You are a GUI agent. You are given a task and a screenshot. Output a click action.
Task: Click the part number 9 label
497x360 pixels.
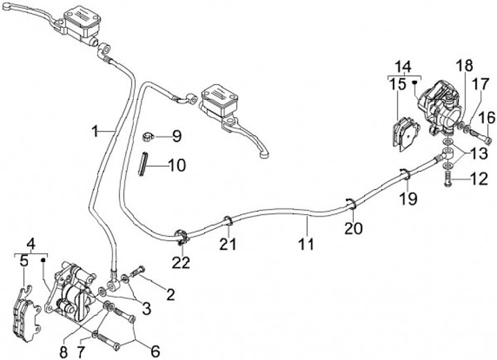[177, 136]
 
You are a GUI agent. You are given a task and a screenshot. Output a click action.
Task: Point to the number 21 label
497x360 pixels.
[228, 243]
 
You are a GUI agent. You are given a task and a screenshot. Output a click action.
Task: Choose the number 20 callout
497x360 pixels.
[354, 228]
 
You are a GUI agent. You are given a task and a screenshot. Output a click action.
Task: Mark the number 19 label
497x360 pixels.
[410, 199]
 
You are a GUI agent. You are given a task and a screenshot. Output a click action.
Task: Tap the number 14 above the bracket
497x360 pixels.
[402, 67]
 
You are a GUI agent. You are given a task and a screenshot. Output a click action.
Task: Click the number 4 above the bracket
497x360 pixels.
[30, 243]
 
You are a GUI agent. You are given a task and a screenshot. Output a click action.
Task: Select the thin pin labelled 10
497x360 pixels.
[145, 166]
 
